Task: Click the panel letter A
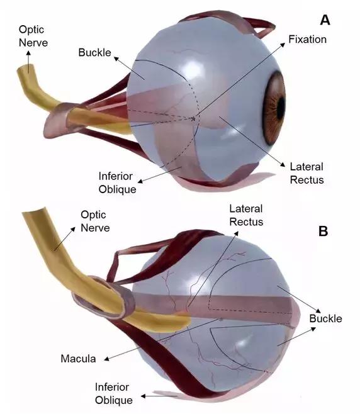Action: [325, 20]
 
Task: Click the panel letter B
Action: [323, 231]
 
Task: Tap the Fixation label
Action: [307, 40]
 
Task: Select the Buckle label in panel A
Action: [94, 53]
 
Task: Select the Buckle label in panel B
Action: [325, 318]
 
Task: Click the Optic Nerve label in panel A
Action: [33, 36]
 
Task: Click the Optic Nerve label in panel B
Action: [95, 221]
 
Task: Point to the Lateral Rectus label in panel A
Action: [307, 173]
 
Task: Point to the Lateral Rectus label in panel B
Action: [246, 215]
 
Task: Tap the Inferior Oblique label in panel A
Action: [117, 182]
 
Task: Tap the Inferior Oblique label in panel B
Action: [113, 393]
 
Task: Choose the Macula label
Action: [78, 359]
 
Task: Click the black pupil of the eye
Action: [281, 108]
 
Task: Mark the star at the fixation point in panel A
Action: [193, 119]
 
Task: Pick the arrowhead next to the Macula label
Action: [107, 359]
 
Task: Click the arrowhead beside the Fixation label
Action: [283, 45]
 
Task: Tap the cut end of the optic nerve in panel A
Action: [26, 69]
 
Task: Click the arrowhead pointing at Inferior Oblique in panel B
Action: [143, 396]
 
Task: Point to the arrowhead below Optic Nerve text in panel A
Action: [28, 53]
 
